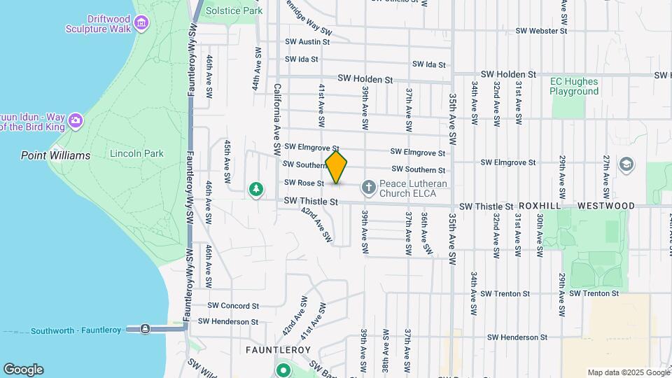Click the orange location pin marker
(x=337, y=167)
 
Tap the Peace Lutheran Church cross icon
(x=368, y=187)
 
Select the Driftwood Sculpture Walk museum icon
(x=142, y=24)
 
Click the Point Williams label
(x=55, y=155)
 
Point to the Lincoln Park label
(x=136, y=153)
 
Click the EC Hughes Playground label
(x=574, y=86)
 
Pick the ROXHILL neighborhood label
(x=540, y=206)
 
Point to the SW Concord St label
(x=234, y=306)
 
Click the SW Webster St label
(x=540, y=31)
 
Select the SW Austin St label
(x=302, y=42)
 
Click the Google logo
(x=23, y=370)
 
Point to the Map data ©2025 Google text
(x=628, y=372)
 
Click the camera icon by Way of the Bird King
(x=75, y=121)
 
